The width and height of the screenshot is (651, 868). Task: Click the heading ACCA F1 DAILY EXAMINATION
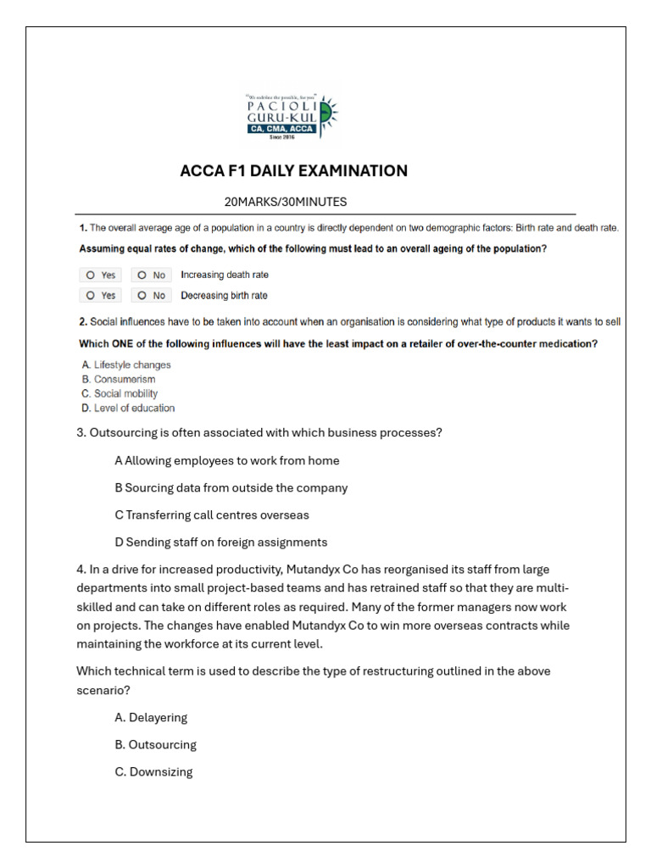pyautogui.click(x=293, y=171)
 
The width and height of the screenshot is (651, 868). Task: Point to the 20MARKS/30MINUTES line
pyautogui.click(x=285, y=202)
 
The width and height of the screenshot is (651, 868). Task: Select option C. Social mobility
pyautogui.click(x=120, y=394)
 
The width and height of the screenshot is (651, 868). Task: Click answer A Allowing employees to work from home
pyautogui.click(x=226, y=461)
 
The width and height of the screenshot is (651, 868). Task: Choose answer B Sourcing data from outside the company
pyautogui.click(x=231, y=488)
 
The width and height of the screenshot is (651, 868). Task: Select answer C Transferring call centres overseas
pyautogui.click(x=211, y=515)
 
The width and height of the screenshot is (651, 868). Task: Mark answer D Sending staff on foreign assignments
pyautogui.click(x=220, y=542)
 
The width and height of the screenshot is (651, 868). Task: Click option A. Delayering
pyautogui.click(x=151, y=718)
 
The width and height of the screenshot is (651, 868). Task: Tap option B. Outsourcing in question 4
pyautogui.click(x=155, y=745)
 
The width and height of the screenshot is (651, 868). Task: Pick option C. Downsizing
pyautogui.click(x=153, y=772)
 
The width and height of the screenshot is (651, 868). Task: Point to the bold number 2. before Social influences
pyautogui.click(x=83, y=322)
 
